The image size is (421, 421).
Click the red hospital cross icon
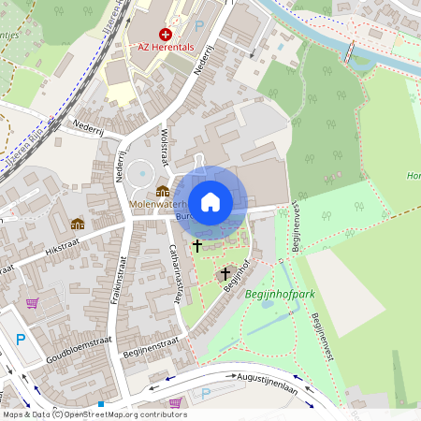coord(166,34)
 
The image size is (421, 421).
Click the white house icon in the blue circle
coord(210,201)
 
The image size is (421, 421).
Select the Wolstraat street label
coord(164,148)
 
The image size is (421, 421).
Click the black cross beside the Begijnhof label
coord(225,274)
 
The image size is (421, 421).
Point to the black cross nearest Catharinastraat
coord(196,245)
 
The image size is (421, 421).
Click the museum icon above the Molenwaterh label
coord(163,191)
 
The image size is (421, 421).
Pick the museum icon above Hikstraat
coord(77,224)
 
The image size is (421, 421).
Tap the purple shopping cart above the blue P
coord(33,304)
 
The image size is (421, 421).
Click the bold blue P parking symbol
coord(21,340)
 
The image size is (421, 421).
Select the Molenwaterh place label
coord(162,203)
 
